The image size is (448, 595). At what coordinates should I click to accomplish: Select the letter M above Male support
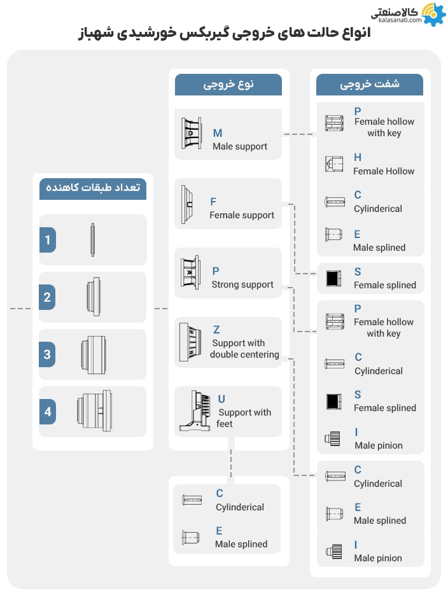[x=218, y=133]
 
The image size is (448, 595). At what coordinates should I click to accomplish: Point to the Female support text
[x=242, y=215]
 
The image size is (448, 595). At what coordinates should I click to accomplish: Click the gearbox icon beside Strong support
[x=192, y=273]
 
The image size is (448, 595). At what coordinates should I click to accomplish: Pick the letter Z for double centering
[x=216, y=330]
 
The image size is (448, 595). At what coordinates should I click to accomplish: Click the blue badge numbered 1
[x=47, y=241]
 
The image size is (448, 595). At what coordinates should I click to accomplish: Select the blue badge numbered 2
[x=47, y=297]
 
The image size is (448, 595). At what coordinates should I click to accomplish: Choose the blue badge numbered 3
[x=47, y=354]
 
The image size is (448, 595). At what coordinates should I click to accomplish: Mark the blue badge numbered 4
[x=47, y=412]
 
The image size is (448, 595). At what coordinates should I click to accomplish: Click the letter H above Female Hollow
[x=358, y=157]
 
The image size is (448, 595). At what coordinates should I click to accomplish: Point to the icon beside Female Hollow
[x=334, y=164]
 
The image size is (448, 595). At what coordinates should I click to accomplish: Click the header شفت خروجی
[x=370, y=85]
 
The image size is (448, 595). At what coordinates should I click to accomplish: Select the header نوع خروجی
[x=228, y=85]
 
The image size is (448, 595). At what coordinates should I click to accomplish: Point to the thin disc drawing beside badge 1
[x=93, y=240]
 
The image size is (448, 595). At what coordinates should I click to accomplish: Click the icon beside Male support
[x=192, y=134]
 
